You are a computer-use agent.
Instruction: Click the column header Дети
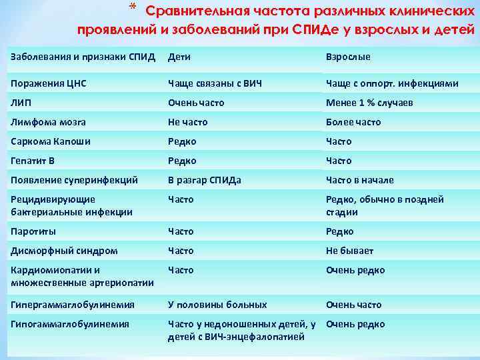point(179,57)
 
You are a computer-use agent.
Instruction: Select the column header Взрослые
point(347,57)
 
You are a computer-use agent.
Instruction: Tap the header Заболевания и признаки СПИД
point(83,57)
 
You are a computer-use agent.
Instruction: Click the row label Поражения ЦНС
point(49,83)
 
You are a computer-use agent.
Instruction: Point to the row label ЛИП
point(21,103)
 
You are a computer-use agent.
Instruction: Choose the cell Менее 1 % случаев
point(369,103)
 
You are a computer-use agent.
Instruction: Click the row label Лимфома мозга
point(48,122)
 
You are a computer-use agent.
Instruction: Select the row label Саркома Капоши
point(51,141)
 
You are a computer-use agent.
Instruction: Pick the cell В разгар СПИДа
point(205,180)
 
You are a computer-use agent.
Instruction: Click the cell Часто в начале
point(359,180)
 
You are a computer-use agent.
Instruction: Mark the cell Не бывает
point(349,251)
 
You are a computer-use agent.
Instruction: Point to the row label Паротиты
point(33,231)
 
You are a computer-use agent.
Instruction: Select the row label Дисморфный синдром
point(64,251)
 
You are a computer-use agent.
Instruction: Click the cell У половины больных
point(217,305)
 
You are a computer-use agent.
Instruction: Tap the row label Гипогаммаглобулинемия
point(70,324)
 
